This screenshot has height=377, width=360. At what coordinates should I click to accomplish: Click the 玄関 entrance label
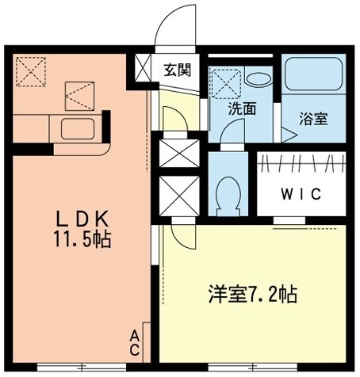[x=178, y=70]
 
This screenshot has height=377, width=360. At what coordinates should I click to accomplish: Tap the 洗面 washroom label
[x=242, y=109]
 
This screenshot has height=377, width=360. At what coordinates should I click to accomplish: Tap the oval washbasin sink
[x=257, y=78]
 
